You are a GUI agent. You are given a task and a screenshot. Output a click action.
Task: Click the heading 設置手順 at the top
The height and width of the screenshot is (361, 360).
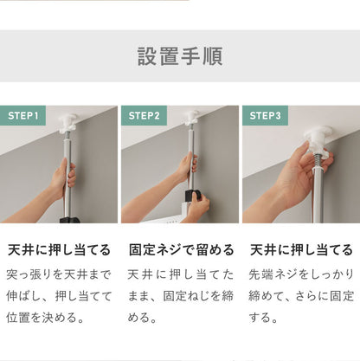pos(180,56)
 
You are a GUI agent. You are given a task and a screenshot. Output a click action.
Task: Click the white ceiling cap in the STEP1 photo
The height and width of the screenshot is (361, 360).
pos(67,120)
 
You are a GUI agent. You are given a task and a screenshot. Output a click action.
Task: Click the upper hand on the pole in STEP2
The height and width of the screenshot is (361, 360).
pos(186,166)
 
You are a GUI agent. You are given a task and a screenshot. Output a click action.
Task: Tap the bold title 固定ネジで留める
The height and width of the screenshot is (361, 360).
pos(181,250)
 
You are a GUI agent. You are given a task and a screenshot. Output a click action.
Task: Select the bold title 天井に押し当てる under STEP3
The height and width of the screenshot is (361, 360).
pos(301,250)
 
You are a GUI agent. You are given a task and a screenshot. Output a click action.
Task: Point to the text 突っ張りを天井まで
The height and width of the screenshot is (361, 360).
pos(59,274)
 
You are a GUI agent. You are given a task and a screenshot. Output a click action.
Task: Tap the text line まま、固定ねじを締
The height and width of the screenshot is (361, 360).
pos(181,296)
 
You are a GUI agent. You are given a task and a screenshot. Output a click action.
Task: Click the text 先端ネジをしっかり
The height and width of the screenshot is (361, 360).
pos(301,274)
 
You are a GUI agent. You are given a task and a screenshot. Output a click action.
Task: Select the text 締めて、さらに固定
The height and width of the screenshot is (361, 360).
pos(301,296)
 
